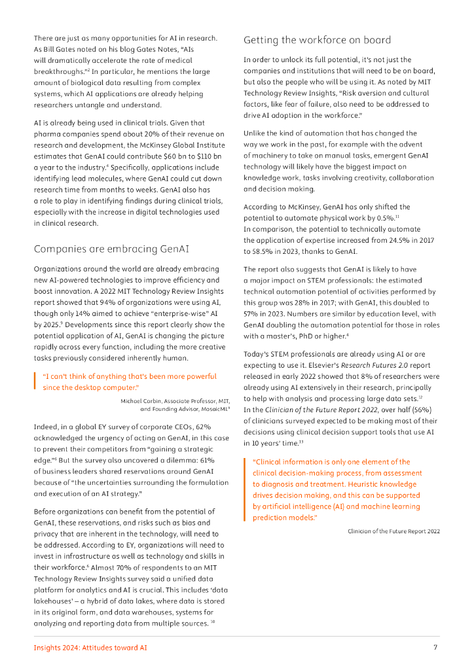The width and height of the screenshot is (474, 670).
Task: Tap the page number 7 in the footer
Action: pos(435,647)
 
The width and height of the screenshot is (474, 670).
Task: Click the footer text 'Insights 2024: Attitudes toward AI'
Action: pos(90,647)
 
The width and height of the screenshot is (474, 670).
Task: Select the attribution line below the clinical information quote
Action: pos(393,531)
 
